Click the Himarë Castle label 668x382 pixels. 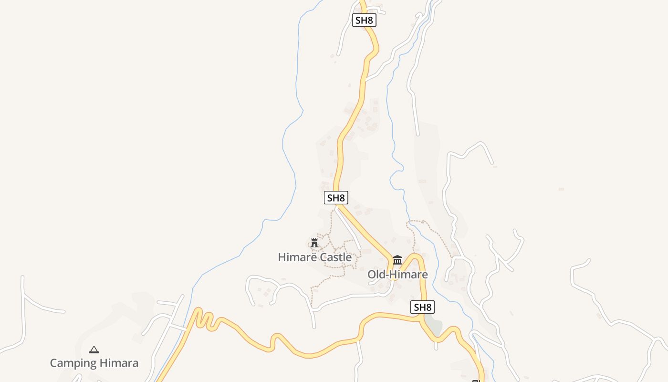[315, 257]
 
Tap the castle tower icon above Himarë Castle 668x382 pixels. [314, 243]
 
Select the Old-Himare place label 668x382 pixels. [397, 275]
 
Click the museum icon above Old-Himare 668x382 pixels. [397, 260]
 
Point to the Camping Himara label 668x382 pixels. [94, 363]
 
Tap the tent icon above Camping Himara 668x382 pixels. [94, 350]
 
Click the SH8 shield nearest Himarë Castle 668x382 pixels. [336, 198]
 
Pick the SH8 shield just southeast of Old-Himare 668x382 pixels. [422, 308]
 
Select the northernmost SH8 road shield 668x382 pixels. [364, 20]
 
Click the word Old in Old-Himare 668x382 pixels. [376, 275]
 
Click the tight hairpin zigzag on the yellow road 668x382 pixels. [204, 319]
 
